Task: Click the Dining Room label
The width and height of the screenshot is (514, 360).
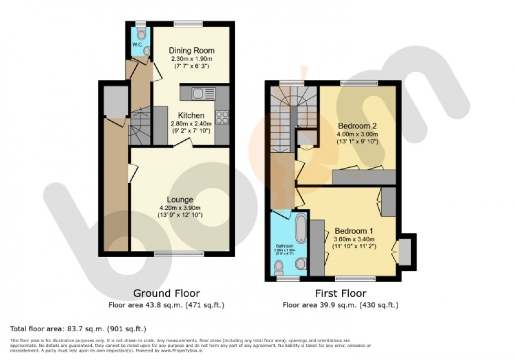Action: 191,51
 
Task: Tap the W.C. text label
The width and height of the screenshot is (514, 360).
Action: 137,45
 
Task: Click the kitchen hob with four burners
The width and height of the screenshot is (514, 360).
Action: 222,117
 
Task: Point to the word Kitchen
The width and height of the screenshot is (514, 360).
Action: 191,115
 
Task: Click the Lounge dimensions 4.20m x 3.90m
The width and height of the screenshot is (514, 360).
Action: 180,208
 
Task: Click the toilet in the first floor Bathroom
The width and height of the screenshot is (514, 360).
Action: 280,268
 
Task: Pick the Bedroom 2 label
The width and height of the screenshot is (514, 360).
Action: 358,126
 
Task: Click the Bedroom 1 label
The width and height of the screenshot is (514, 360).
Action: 355,231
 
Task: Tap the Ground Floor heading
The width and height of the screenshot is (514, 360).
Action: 166,293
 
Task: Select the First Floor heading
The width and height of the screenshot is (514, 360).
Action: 340,293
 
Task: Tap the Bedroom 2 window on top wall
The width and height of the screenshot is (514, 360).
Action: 359,83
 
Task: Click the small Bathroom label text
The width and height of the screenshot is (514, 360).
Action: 285,245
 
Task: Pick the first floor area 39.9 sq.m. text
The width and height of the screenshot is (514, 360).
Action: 340,304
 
